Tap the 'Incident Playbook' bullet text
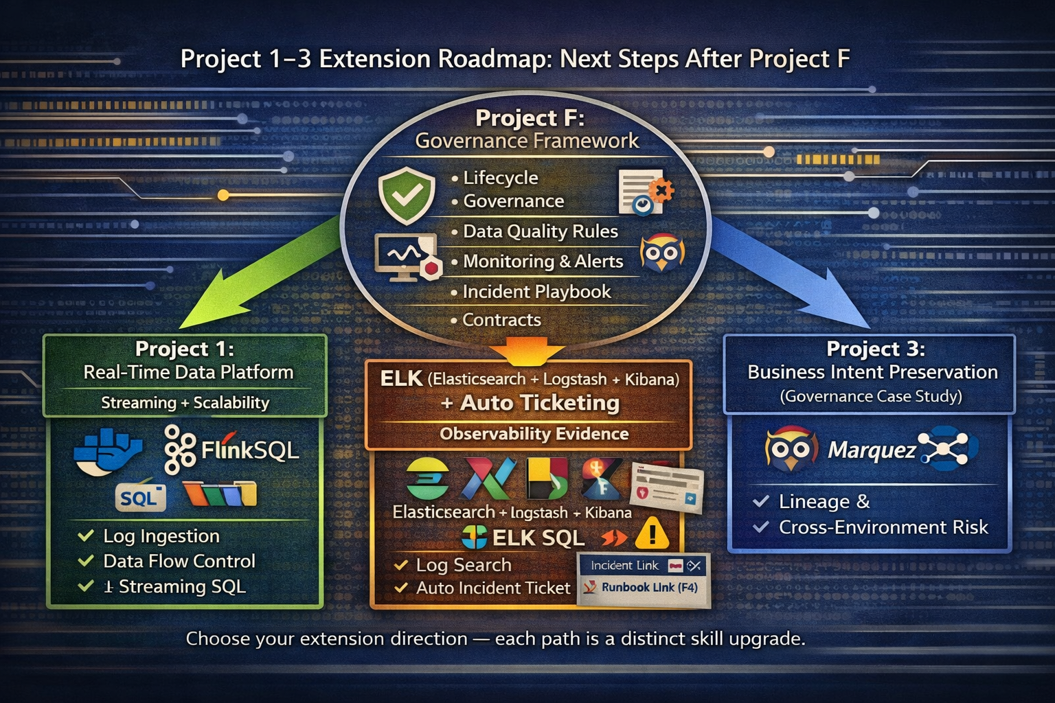point(536,292)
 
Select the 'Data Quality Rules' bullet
point(540,231)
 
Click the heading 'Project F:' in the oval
point(530,118)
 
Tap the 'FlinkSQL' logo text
point(249,450)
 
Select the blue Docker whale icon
point(108,450)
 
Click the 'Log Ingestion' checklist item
point(161,536)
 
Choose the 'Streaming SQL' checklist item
point(181,587)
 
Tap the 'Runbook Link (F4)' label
point(649,588)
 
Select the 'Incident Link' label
point(624,566)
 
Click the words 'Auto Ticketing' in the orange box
point(539,403)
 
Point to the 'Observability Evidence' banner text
point(534,434)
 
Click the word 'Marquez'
point(871,450)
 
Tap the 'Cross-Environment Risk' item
point(883,527)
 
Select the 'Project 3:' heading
point(875,349)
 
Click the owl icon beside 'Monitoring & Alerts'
point(661,254)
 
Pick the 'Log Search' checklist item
point(463,565)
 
